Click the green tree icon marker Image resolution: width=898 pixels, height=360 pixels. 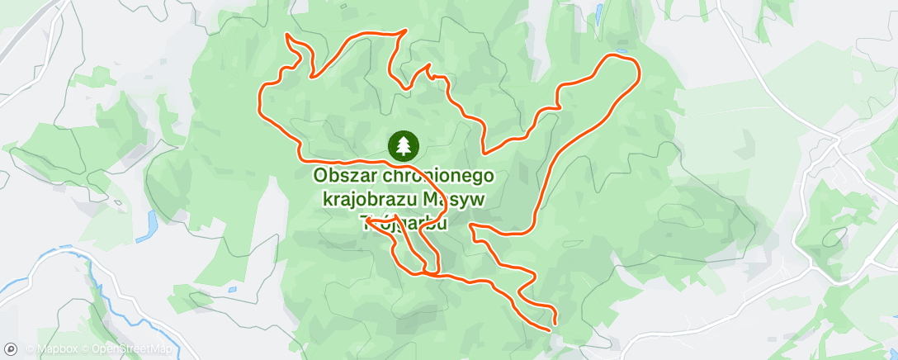(403, 146)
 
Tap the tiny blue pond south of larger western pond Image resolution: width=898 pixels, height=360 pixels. (233, 289)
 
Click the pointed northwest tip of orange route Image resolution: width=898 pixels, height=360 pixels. (286, 36)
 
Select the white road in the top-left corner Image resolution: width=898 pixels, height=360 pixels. (37, 33)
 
